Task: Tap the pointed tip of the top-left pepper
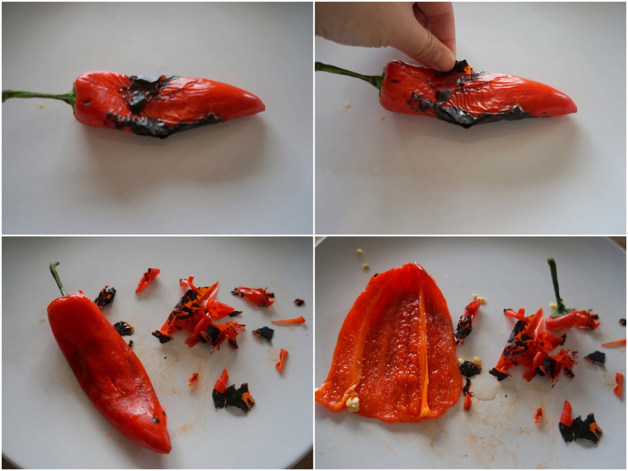[x=262, y=107]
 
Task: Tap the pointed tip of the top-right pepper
[x=574, y=108]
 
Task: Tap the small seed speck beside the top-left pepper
[x=40, y=106]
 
